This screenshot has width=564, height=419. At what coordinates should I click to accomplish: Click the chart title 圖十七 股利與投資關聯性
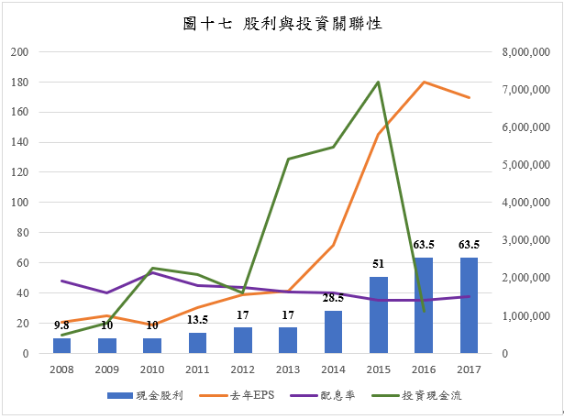pyautogui.click(x=282, y=25)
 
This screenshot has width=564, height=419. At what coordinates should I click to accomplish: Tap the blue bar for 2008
pyautogui.click(x=61, y=346)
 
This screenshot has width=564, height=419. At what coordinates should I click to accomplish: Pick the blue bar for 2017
pyautogui.click(x=469, y=305)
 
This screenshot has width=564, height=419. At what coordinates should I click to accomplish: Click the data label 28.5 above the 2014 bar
pyautogui.click(x=333, y=298)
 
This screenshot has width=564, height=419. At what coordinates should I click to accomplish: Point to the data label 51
pyautogui.click(x=378, y=265)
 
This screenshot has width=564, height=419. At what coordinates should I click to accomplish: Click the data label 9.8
pyautogui.click(x=61, y=325)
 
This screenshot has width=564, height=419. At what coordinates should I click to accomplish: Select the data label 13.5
pyautogui.click(x=197, y=320)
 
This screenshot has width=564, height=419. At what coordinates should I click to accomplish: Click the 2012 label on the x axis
pyautogui.click(x=242, y=369)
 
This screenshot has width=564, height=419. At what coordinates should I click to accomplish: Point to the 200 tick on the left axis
pyautogui.click(x=19, y=52)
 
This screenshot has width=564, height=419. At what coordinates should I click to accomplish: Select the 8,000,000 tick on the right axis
pyautogui.click(x=525, y=52)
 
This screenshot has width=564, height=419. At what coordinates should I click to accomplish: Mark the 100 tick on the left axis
pyautogui.click(x=19, y=203)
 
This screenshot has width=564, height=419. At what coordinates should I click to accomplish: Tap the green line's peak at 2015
pyautogui.click(x=378, y=83)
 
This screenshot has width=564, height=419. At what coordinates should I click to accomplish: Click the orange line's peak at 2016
pyautogui.click(x=424, y=83)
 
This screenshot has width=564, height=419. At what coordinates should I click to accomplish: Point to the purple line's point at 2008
pyautogui.click(x=61, y=281)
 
